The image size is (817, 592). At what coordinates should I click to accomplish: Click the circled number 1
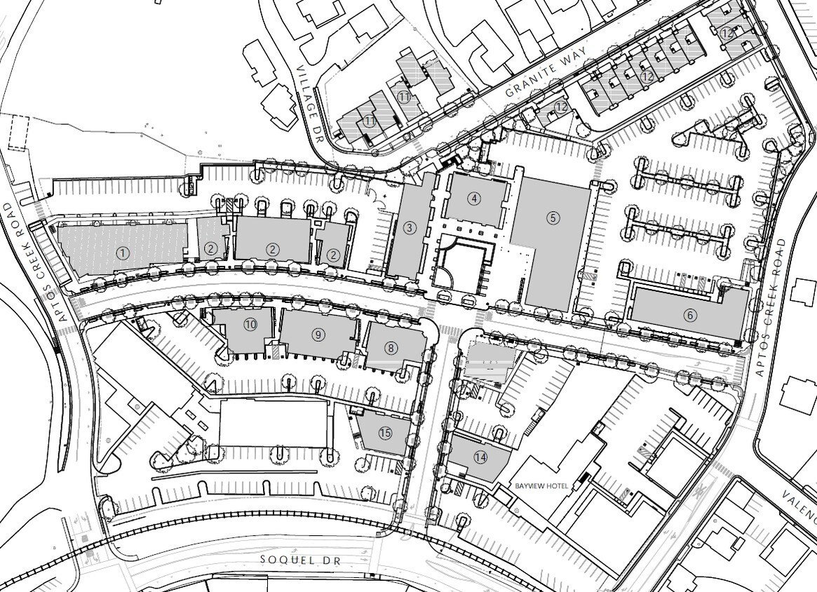point(123,253)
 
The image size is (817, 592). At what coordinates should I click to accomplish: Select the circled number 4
point(475,199)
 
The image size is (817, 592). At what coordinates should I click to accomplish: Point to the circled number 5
point(553,218)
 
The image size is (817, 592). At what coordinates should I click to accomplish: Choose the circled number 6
point(691,315)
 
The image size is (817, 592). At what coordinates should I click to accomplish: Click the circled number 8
point(391,347)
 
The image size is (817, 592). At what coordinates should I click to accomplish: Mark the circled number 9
point(319,335)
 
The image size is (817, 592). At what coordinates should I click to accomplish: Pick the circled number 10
point(250,324)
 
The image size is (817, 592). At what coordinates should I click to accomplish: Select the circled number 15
point(385,433)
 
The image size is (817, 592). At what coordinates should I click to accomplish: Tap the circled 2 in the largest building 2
point(273,249)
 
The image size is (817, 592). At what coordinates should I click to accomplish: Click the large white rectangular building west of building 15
point(274,423)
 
